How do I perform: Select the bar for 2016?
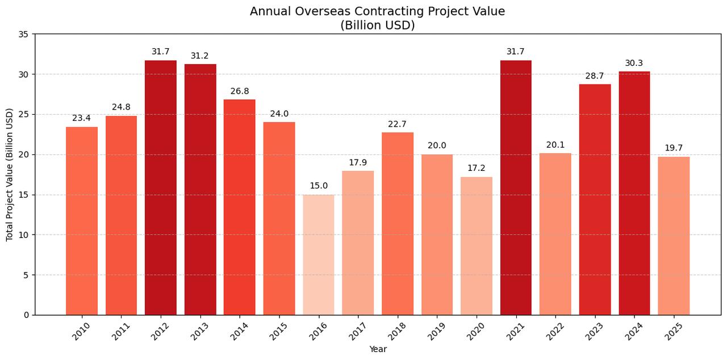tap(318, 255)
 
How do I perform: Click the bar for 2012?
tap(160, 188)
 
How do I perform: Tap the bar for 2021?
tap(516, 188)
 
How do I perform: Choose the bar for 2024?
tap(634, 193)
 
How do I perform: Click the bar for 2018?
tap(397, 224)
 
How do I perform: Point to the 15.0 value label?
tap(318, 186)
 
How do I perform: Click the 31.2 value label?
tap(199, 56)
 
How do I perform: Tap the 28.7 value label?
tap(594, 76)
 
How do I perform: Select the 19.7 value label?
tap(674, 148)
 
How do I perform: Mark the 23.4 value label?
tap(81, 118)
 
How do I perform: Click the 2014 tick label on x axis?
tap(239, 331)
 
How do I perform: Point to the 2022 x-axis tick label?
tap(555, 331)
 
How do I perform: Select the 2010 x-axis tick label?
tap(81, 331)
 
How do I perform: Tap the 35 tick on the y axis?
tap(23, 34)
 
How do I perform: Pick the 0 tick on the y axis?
tap(26, 315)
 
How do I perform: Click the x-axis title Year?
tap(378, 349)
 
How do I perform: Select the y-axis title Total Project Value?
tap(10, 174)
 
